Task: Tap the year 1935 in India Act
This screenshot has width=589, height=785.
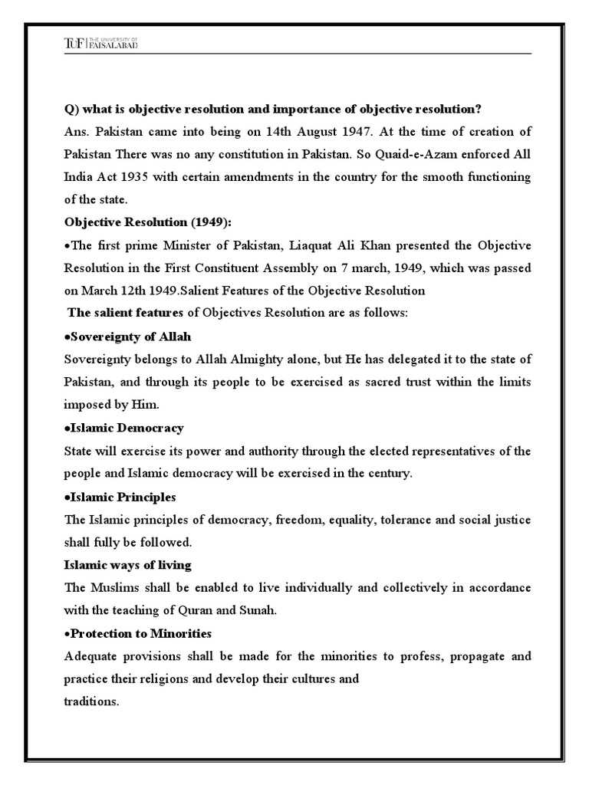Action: click(x=149, y=177)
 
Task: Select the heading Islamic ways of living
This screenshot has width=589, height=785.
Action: click(x=127, y=565)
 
